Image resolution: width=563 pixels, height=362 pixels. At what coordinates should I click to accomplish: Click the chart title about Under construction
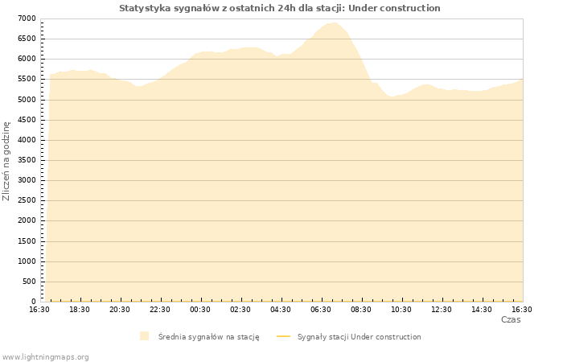point(280,8)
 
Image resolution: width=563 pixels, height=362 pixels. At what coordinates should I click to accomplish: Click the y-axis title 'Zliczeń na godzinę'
point(6,161)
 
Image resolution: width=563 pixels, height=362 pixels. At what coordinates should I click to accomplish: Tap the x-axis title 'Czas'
point(511,319)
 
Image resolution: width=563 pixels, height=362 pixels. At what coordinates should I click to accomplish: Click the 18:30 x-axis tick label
point(80,310)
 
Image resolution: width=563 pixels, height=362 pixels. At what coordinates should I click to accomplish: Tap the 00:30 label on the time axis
point(200,310)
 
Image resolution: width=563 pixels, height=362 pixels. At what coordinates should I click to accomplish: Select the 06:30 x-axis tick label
point(321,310)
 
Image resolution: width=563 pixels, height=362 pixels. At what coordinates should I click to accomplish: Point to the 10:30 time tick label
point(401,310)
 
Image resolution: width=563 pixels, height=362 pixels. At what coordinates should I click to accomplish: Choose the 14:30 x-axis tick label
point(482,310)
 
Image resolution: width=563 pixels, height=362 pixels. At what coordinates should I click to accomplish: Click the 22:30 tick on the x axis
point(160,310)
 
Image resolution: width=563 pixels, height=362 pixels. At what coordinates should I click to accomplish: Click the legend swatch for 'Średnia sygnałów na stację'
point(144,336)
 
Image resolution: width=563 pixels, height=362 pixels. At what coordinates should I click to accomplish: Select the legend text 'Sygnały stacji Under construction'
point(359,337)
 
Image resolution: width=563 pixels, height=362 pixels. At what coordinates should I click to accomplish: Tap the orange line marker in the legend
point(283,336)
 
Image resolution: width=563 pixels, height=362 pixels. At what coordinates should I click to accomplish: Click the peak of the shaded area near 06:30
point(333,23)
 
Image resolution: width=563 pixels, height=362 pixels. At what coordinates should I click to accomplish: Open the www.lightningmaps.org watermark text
point(45,356)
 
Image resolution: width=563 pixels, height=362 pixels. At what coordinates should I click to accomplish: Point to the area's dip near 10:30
point(392,97)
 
